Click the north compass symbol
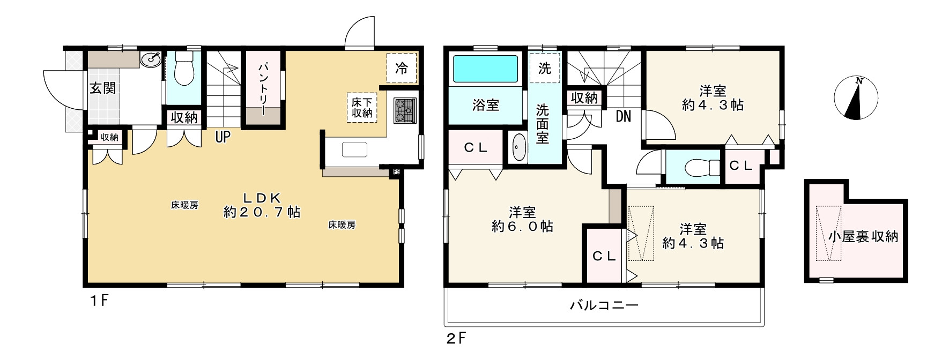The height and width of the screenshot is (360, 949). pyautogui.click(x=856, y=99)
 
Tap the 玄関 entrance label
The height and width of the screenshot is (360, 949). pyautogui.click(x=103, y=87)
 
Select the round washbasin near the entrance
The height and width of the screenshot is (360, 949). pyautogui.click(x=151, y=59)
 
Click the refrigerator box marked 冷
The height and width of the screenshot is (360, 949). pyautogui.click(x=401, y=69)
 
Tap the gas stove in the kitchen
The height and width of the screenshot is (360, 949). pyautogui.click(x=405, y=111)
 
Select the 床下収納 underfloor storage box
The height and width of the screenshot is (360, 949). pyautogui.click(x=361, y=107)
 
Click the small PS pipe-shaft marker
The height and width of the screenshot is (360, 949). pyautogui.click(x=396, y=172)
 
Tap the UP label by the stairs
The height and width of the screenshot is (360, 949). pyautogui.click(x=223, y=137)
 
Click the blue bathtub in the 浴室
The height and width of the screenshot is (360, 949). pyautogui.click(x=486, y=69)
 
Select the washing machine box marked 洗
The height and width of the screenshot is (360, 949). pyautogui.click(x=544, y=68)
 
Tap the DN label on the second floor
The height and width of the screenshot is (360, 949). pyautogui.click(x=623, y=116)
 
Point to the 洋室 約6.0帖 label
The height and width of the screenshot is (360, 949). pyautogui.click(x=522, y=220)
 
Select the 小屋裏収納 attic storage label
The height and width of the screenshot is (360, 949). pyautogui.click(x=863, y=236)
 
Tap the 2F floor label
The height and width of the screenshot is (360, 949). pyautogui.click(x=456, y=339)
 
